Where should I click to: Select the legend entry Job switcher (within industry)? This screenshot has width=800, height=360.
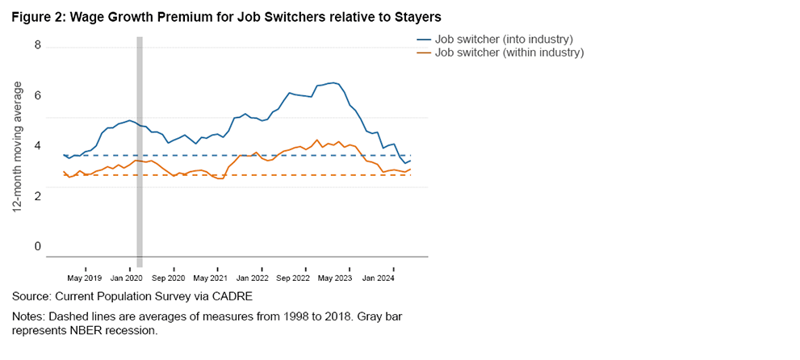tap(509, 52)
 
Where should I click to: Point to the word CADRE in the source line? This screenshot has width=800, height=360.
tap(229, 297)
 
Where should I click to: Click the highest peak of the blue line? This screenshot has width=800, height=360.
tap(333, 82)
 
